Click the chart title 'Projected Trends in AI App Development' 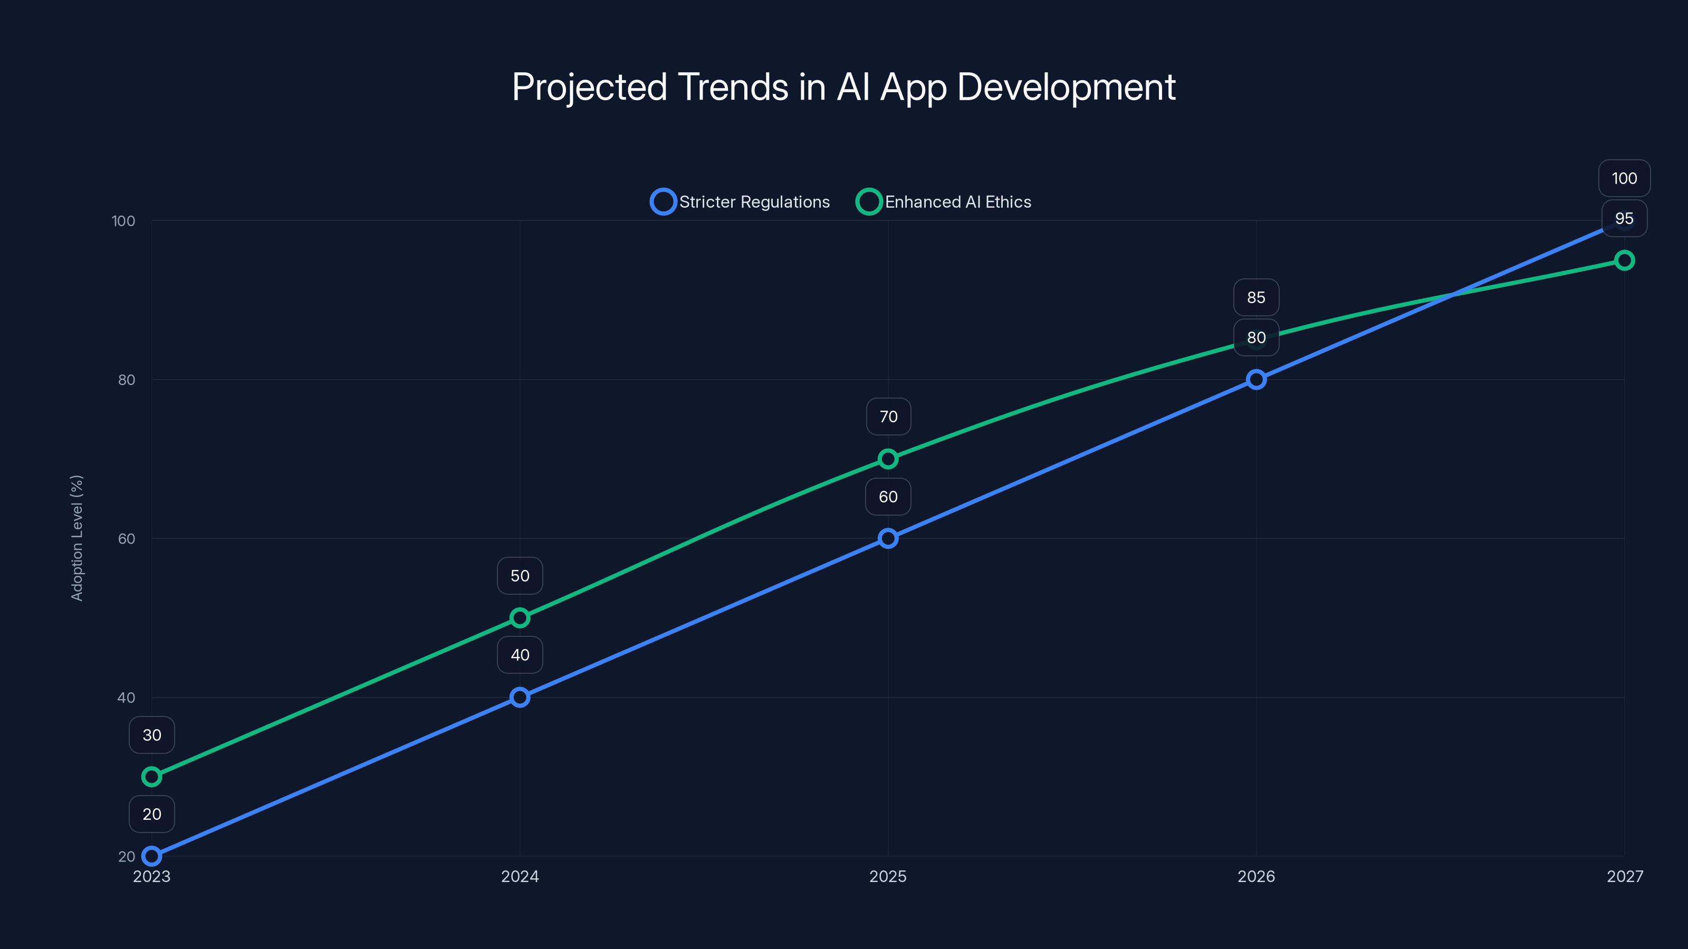click(843, 87)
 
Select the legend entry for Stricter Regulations click(741, 202)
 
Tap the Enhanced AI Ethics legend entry click(944, 202)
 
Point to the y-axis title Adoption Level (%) click(76, 538)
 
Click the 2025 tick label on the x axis click(888, 876)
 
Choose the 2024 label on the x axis click(520, 876)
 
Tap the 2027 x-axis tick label click(1625, 876)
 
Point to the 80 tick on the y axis click(127, 380)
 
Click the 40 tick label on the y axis click(127, 698)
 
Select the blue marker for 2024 click(520, 697)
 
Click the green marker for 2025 click(888, 459)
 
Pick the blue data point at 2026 click(1256, 379)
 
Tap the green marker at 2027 click(1625, 260)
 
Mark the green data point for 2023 click(151, 777)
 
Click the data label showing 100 click(1625, 178)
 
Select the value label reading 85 click(1256, 297)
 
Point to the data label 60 click(888, 497)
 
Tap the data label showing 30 click(151, 735)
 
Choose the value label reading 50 click(520, 576)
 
